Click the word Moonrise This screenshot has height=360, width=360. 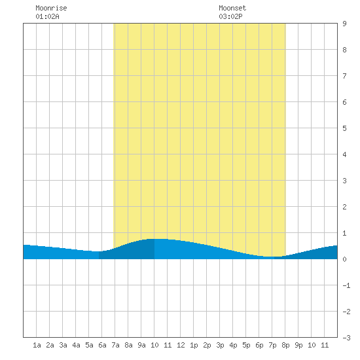tap(51, 8)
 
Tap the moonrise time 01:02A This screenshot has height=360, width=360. tap(47, 16)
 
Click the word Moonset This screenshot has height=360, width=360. tap(232, 8)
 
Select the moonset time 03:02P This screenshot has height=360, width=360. tap(230, 16)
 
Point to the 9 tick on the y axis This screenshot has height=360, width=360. tap(344, 24)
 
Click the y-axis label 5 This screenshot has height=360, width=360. tap(344, 128)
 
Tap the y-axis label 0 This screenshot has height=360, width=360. tap(344, 259)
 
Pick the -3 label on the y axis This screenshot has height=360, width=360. tap(346, 338)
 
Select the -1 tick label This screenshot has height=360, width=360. tap(346, 285)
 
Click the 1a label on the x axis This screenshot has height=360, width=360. tap(37, 345)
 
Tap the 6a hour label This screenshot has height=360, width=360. tap(102, 345)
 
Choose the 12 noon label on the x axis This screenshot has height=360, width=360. tap(181, 345)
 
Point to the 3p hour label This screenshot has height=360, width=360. tap(220, 345)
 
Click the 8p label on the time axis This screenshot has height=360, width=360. tap(285, 345)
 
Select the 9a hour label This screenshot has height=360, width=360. tap(141, 345)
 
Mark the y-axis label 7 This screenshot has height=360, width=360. tap(344, 76)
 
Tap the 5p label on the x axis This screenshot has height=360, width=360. tap(246, 345)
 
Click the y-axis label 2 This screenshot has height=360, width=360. tap(344, 207)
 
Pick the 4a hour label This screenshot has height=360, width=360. tap(76, 345)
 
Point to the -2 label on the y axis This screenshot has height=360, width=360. tap(346, 312)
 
